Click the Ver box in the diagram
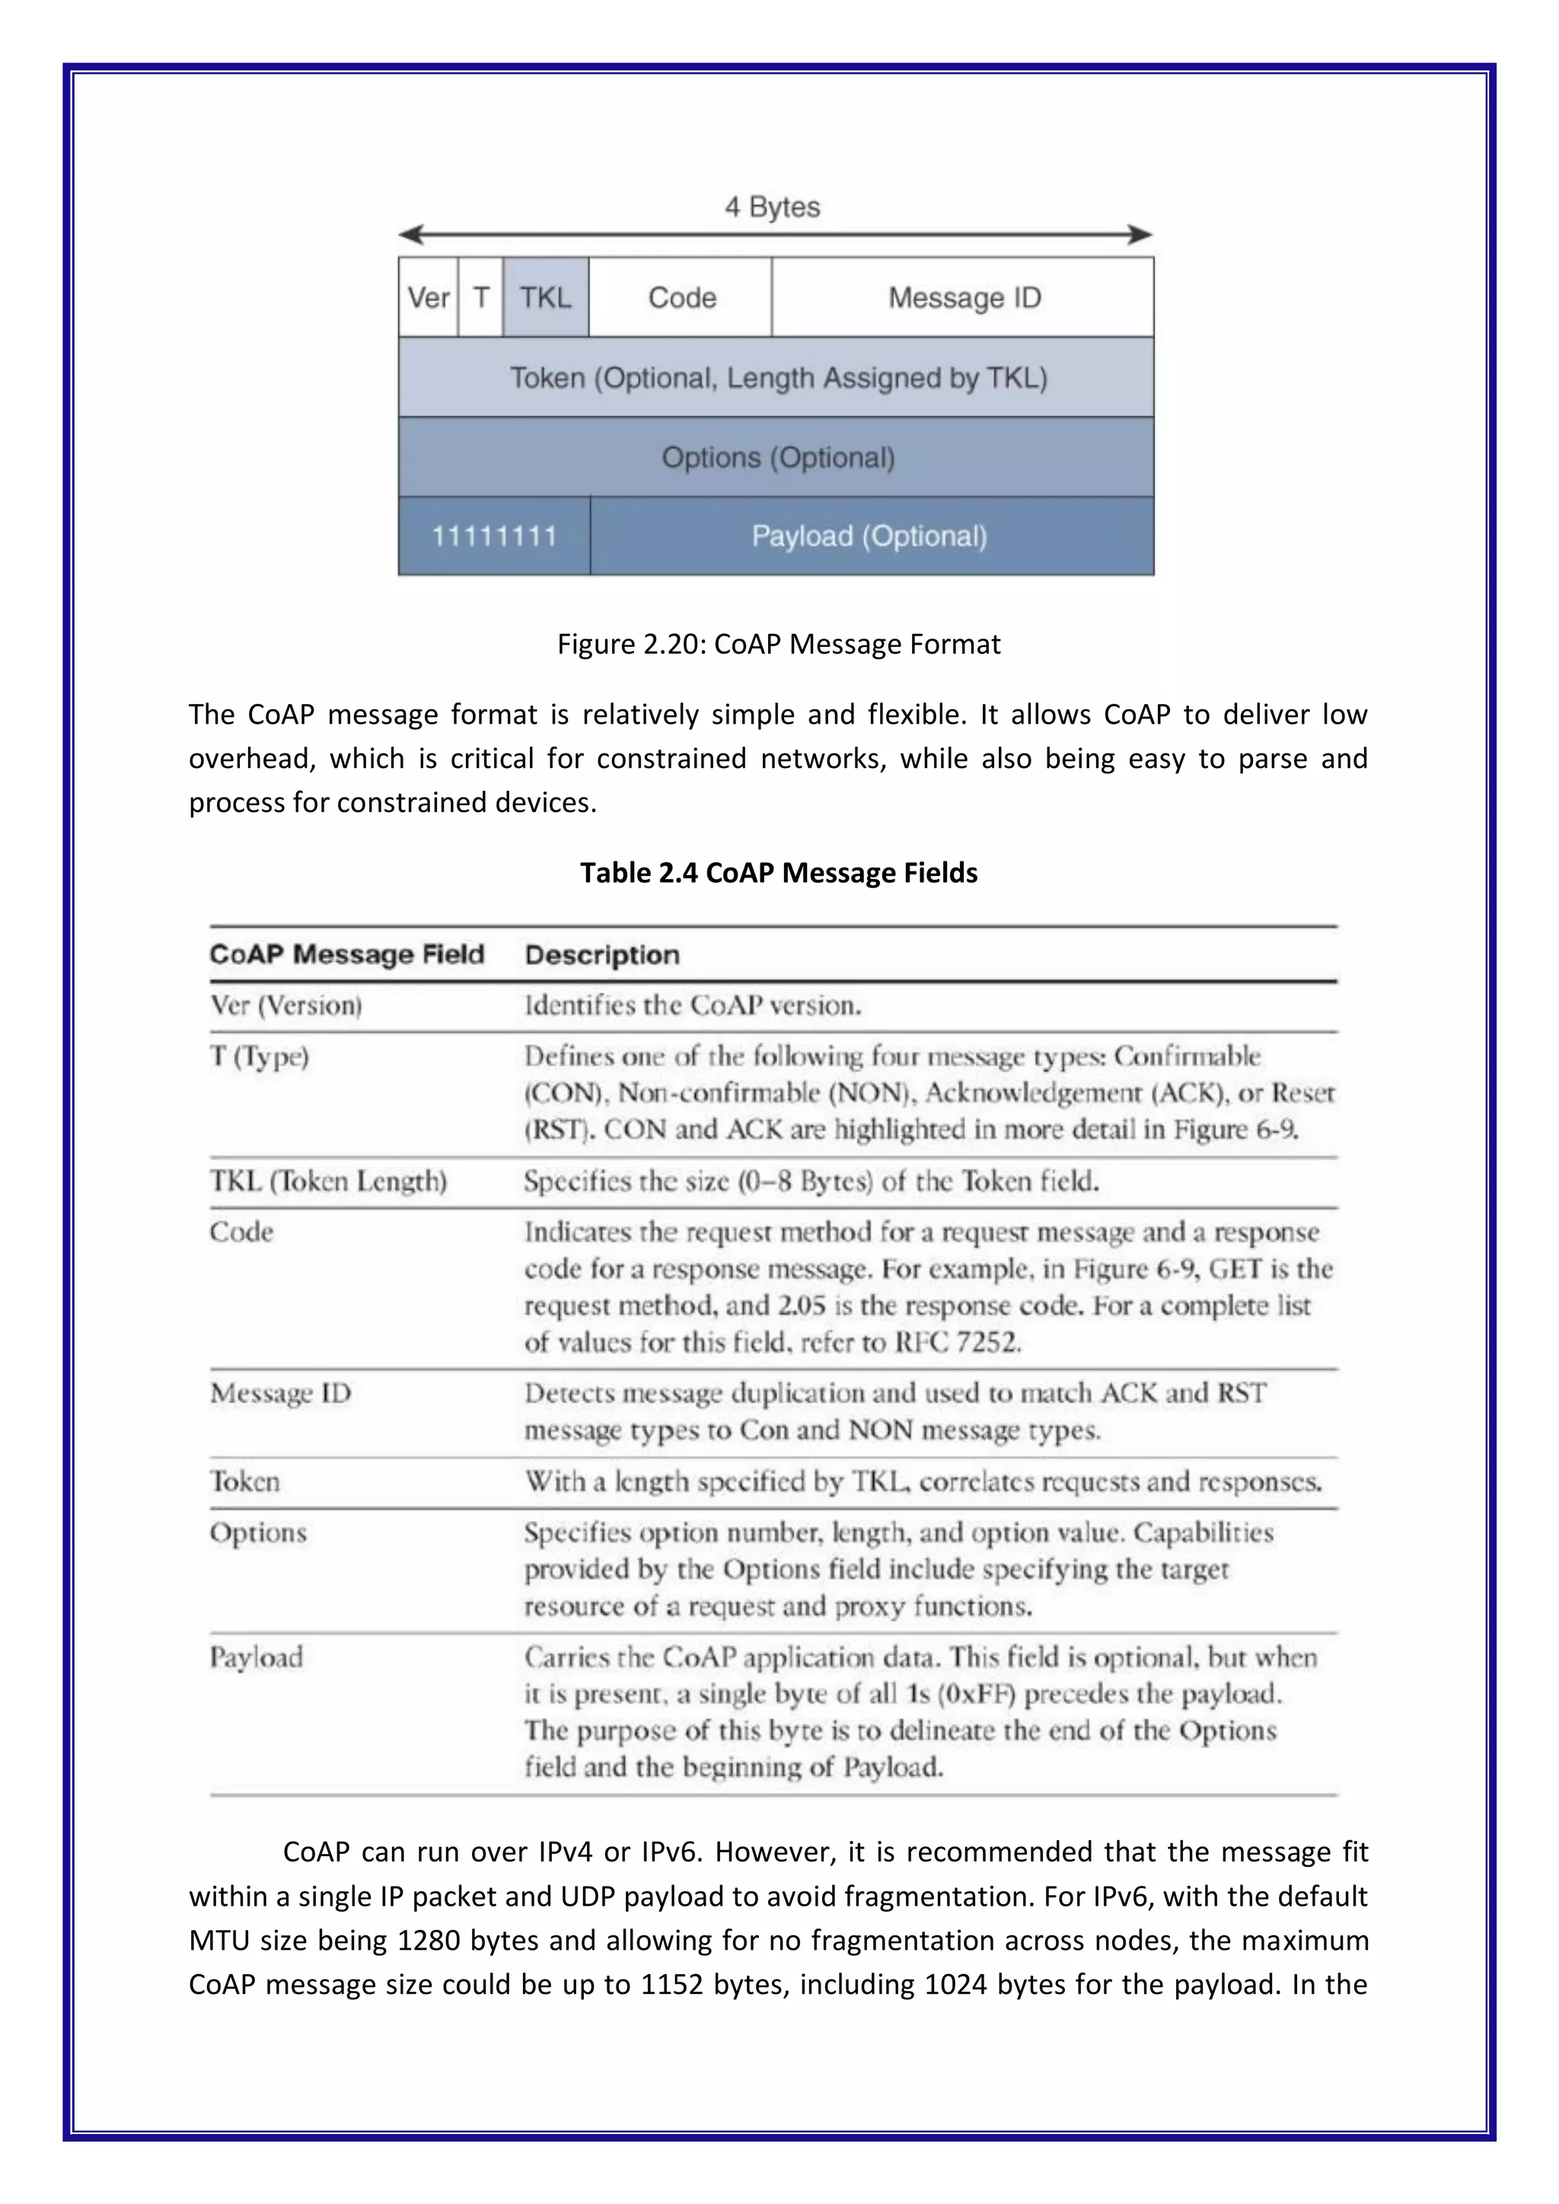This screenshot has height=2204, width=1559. (x=428, y=298)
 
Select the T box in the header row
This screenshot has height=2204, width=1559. (x=481, y=298)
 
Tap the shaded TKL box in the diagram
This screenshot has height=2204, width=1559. (x=545, y=298)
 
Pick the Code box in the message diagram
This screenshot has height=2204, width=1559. (x=681, y=298)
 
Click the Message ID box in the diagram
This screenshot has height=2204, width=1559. (x=964, y=298)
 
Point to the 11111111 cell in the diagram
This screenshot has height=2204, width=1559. (x=493, y=536)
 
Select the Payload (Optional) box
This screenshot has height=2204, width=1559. (x=870, y=536)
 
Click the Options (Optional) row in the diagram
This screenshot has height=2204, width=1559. (x=777, y=457)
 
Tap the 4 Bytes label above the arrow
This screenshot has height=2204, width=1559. (x=772, y=207)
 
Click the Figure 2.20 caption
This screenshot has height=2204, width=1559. (x=779, y=644)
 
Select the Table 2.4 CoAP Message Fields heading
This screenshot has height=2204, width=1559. (x=779, y=873)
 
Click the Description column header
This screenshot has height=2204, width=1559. (x=602, y=955)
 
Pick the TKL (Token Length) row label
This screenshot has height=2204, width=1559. (x=328, y=1180)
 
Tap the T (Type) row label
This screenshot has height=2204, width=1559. (x=259, y=1057)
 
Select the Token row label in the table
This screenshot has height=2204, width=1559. (x=245, y=1482)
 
